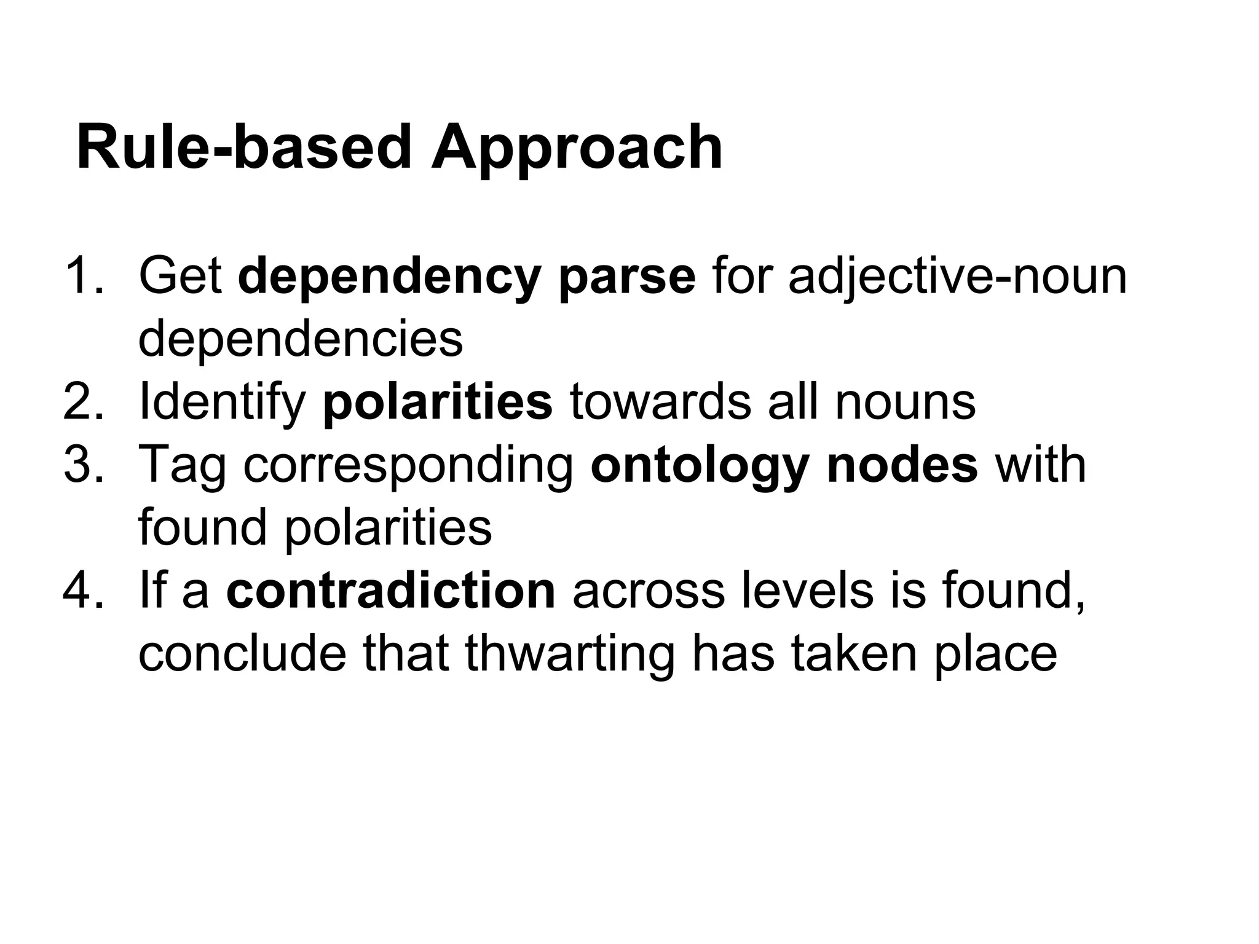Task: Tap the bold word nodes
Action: coord(902,465)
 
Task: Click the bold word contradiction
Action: coord(391,591)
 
